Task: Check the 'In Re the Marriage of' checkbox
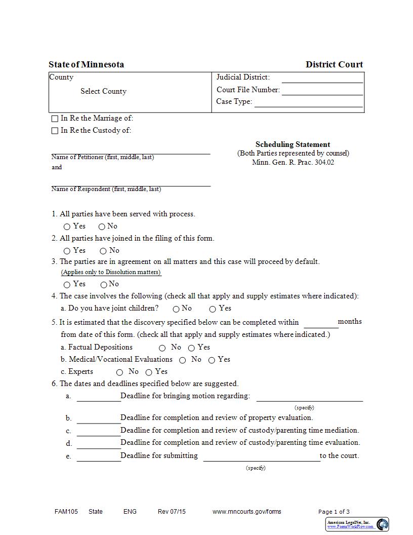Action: [x=55, y=119]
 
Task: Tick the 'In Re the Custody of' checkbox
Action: [x=55, y=131]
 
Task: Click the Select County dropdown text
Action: [x=103, y=91]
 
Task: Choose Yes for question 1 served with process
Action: [x=67, y=227]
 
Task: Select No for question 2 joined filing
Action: [x=103, y=251]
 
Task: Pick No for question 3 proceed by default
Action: [x=104, y=285]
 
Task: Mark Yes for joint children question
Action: [x=213, y=309]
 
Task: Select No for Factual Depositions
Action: [x=162, y=348]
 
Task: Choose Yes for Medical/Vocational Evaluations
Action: [x=212, y=360]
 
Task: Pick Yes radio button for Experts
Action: [x=149, y=372]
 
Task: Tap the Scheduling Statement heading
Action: [x=293, y=144]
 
